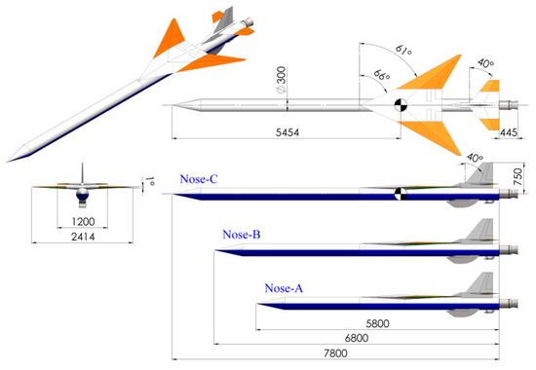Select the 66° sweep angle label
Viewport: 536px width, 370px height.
point(376,73)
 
